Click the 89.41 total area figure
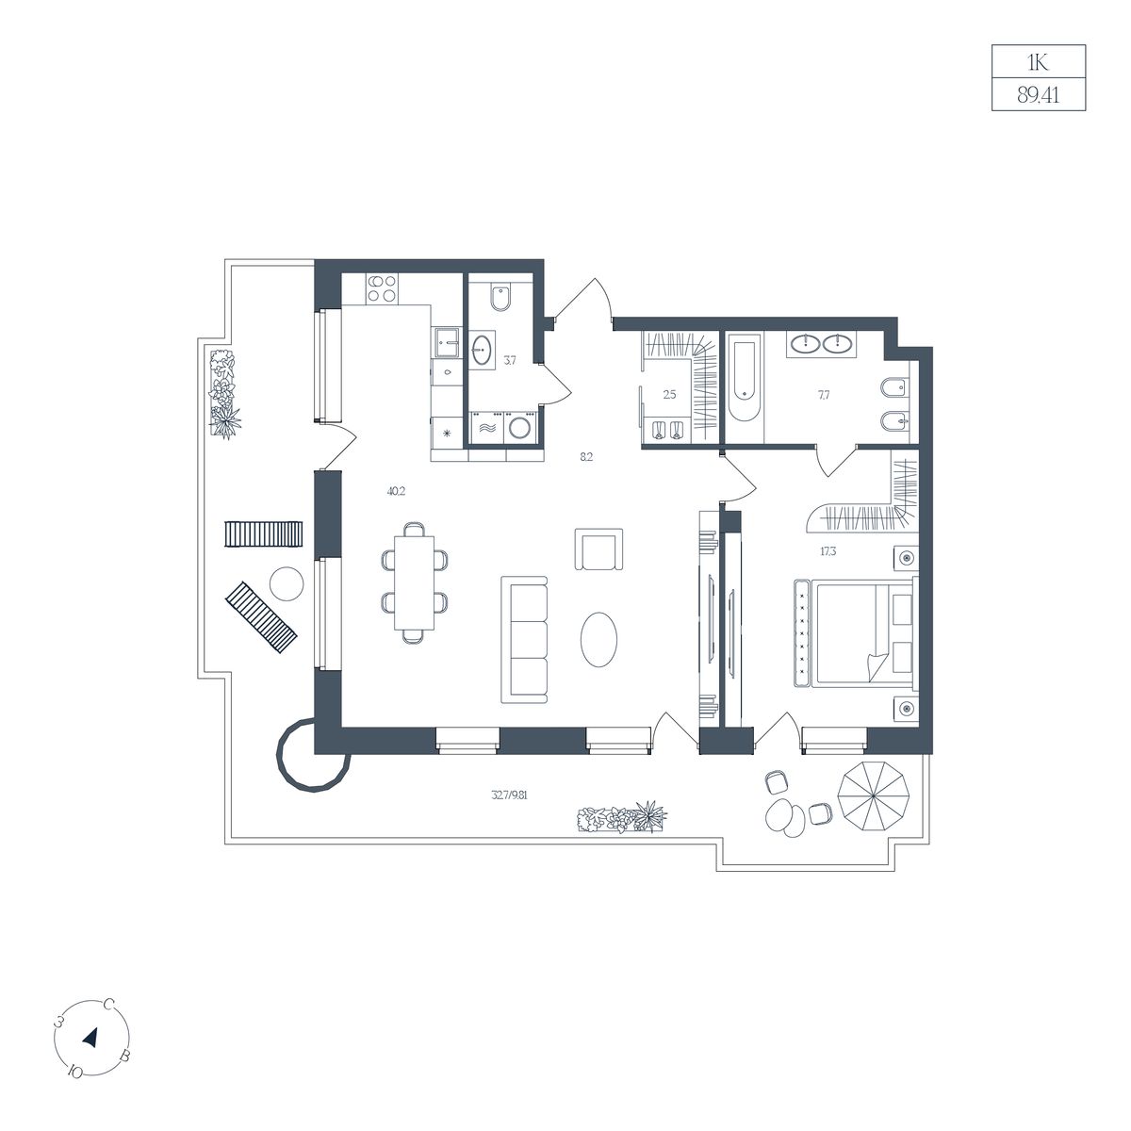coord(1039,94)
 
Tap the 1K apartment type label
coord(1038,61)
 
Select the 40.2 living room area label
coord(396,492)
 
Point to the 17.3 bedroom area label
coord(828,551)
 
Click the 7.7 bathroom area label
coord(824,395)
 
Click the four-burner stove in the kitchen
coord(382,288)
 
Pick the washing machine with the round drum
coord(520,427)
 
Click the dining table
coord(414,582)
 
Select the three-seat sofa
coord(524,639)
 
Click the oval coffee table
coord(598,640)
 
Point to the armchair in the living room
coord(598,549)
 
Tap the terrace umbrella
coord(874,795)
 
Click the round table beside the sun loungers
coord(287,583)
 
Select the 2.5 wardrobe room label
coord(669,394)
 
